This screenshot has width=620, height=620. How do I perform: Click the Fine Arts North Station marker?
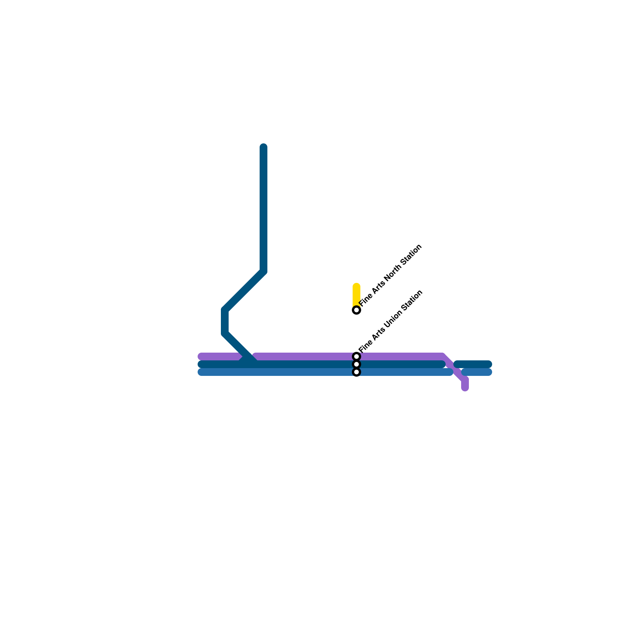pos(356,310)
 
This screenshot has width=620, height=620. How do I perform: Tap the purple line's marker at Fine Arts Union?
pos(356,356)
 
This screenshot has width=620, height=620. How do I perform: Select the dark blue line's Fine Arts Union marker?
pos(356,364)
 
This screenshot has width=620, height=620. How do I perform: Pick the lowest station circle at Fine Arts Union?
pos(356,372)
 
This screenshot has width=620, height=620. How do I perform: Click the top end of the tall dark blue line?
pos(263,147)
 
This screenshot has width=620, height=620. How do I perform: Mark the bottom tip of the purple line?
pos(465,388)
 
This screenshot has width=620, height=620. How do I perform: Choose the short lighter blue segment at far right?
pos(477,372)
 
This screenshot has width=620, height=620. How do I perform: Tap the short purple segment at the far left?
pos(219,356)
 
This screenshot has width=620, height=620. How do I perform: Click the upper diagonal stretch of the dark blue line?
pos(244,291)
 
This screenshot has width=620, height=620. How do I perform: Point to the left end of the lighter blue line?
pos(201,372)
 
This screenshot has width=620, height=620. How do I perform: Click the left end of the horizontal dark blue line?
pos(201,364)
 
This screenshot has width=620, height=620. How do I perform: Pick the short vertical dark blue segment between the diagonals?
pos(225,322)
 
